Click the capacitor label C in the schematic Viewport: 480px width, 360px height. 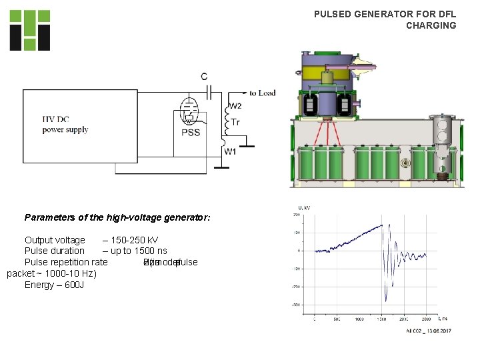point(204,76)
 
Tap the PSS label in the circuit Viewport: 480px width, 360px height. point(191,133)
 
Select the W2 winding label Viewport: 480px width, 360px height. point(235,106)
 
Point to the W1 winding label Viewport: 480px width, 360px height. point(229,152)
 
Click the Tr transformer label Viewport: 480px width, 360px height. point(235,122)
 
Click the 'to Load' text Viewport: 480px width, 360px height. point(262,93)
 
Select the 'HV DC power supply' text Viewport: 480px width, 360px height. point(65,125)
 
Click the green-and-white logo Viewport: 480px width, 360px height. point(29,30)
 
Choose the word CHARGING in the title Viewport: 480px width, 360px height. point(431,25)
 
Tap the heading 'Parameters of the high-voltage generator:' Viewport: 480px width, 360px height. point(117,217)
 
